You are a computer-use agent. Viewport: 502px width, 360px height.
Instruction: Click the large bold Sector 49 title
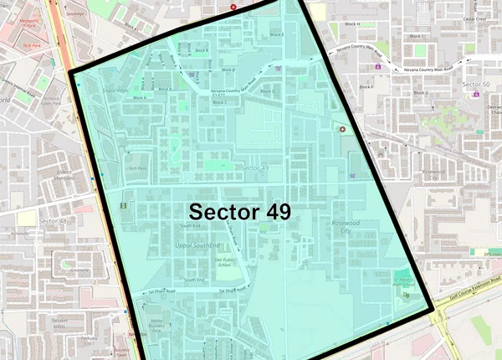coord(239,210)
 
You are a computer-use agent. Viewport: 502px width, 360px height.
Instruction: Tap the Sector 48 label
coord(52,220)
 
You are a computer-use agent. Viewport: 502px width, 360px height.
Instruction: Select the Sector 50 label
coord(475,85)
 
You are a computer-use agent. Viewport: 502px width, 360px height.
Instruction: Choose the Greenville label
coord(80,270)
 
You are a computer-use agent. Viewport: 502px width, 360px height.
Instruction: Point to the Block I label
coord(416,36)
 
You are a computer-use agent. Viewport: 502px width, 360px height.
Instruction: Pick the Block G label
coord(420,92)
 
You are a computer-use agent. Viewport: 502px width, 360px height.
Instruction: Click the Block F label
coord(365,86)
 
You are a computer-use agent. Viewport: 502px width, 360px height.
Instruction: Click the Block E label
coord(277,34)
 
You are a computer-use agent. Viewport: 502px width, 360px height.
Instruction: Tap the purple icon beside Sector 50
coord(476,94)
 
